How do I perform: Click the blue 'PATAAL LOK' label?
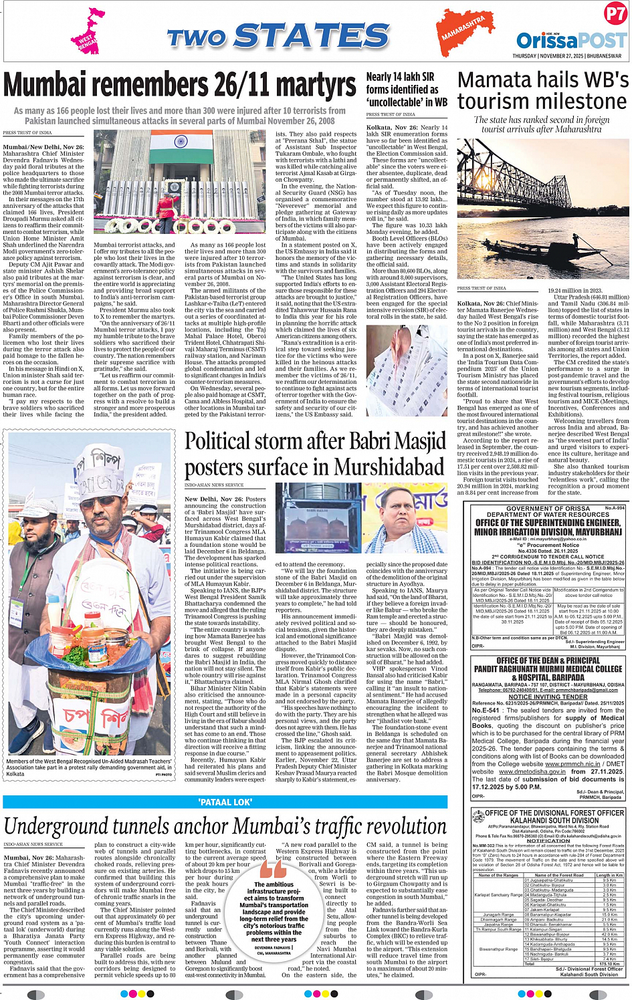pyautogui.click(x=225, y=802)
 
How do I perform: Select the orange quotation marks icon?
pyautogui.click(x=273, y=868)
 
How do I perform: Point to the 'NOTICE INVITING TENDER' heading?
pyautogui.click(x=548, y=697)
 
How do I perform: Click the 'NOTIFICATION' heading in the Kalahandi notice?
pyautogui.click(x=548, y=841)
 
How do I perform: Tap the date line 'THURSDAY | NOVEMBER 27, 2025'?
pyautogui.click(x=566, y=56)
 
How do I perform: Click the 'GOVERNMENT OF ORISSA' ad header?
pyautogui.click(x=548, y=509)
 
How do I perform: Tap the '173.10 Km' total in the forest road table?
pyautogui.click(x=609, y=964)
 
